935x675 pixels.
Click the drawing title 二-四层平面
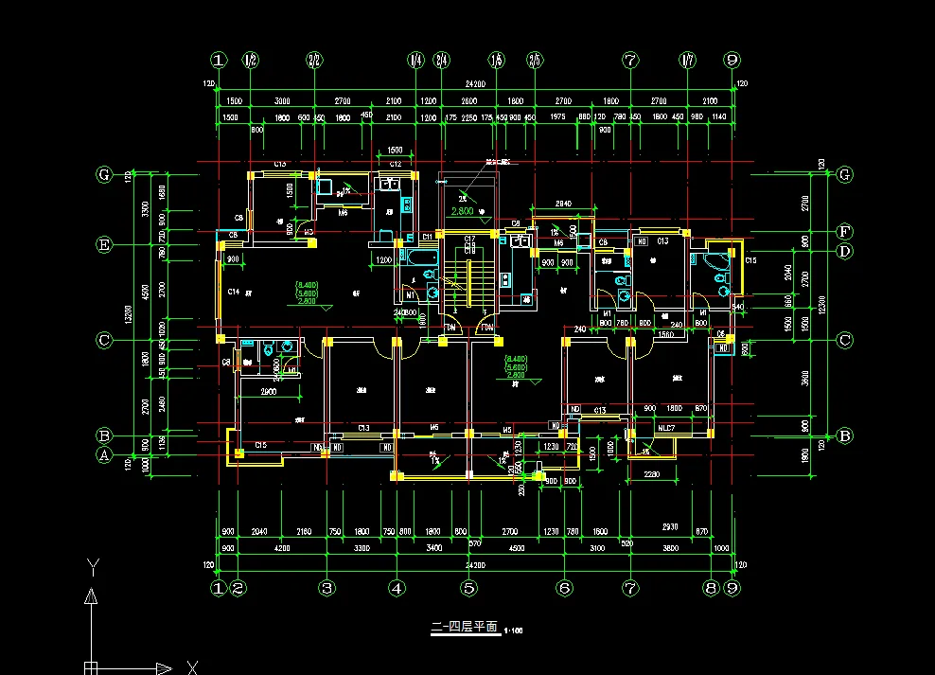tap(464, 627)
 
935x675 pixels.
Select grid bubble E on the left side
tap(105, 244)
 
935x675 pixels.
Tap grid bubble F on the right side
tap(846, 231)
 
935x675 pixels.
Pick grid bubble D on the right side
tap(846, 251)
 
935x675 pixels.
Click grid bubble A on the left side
tap(105, 455)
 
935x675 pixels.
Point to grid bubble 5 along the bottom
tap(468, 588)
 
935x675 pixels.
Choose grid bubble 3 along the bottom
tap(326, 588)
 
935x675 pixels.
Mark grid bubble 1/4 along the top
tap(415, 60)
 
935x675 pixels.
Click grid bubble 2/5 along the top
tap(536, 60)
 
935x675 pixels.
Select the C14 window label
tap(232, 292)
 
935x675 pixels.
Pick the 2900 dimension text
tap(268, 390)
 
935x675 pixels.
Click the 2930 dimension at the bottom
tap(671, 526)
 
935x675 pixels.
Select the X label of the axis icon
tap(191, 666)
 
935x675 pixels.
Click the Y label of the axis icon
tap(92, 566)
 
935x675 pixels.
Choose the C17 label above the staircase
tap(468, 237)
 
